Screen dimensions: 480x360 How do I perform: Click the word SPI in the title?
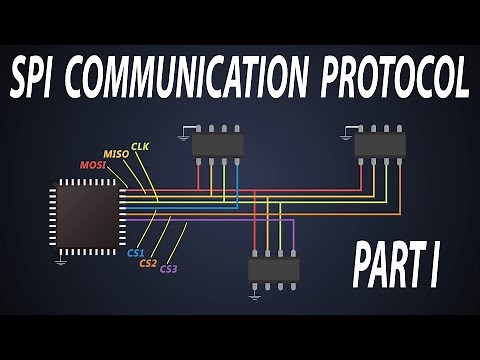tap(40, 77)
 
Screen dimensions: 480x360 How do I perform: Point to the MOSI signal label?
tap(95, 164)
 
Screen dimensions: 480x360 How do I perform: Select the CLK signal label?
tap(140, 146)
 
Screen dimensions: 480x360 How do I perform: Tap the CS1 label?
tap(136, 253)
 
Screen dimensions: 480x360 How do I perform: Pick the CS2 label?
tap(149, 263)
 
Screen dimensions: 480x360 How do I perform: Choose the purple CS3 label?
tap(169, 269)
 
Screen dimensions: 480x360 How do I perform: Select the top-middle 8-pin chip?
tap(217, 144)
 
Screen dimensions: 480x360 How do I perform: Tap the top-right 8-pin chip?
tap(380, 143)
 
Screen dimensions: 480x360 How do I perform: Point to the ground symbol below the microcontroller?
tap(62, 260)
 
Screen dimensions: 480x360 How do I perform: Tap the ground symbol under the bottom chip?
tap(256, 294)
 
